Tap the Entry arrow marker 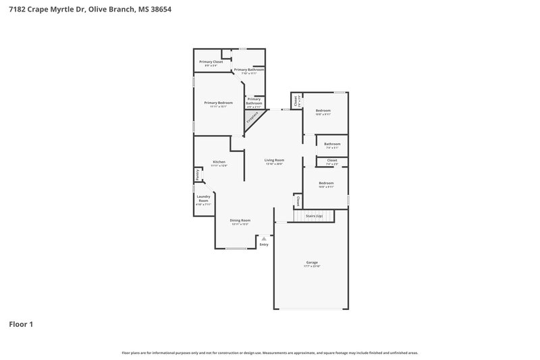tap(264, 238)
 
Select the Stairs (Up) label tap(314, 215)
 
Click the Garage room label tap(312, 262)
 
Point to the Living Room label tap(273, 160)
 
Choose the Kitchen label tap(219, 161)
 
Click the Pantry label tap(197, 174)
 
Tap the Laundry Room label tap(203, 199)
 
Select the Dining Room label tap(240, 220)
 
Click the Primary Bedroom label tap(218, 103)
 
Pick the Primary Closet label tap(211, 61)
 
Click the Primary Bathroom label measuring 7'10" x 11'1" tap(248, 70)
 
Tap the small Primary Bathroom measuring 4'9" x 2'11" tap(254, 101)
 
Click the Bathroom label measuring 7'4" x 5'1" tap(331, 143)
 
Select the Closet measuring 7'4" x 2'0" tap(331, 160)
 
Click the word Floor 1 tap(21, 324)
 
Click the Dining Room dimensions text tap(240, 224)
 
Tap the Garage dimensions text tap(312, 266)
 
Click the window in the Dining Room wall tap(236, 249)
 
